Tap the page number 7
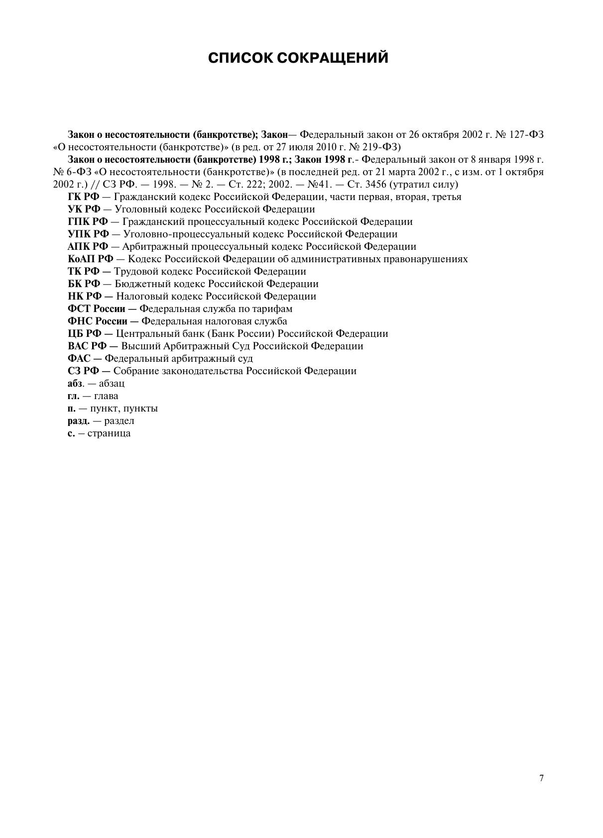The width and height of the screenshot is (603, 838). (541, 778)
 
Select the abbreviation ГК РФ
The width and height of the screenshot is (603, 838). (84, 197)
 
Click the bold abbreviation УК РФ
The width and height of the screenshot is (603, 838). (84, 209)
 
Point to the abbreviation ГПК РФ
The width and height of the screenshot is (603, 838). (88, 222)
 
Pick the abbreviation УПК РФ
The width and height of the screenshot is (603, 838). (88, 234)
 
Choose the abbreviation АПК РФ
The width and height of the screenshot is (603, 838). (88, 247)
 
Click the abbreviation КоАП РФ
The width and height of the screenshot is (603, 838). (91, 259)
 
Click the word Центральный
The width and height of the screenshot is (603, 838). (143, 334)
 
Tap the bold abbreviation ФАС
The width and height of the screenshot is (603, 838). (79, 359)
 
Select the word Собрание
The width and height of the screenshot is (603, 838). (132, 371)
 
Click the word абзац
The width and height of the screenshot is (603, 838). (112, 384)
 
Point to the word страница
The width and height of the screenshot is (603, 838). (109, 433)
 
